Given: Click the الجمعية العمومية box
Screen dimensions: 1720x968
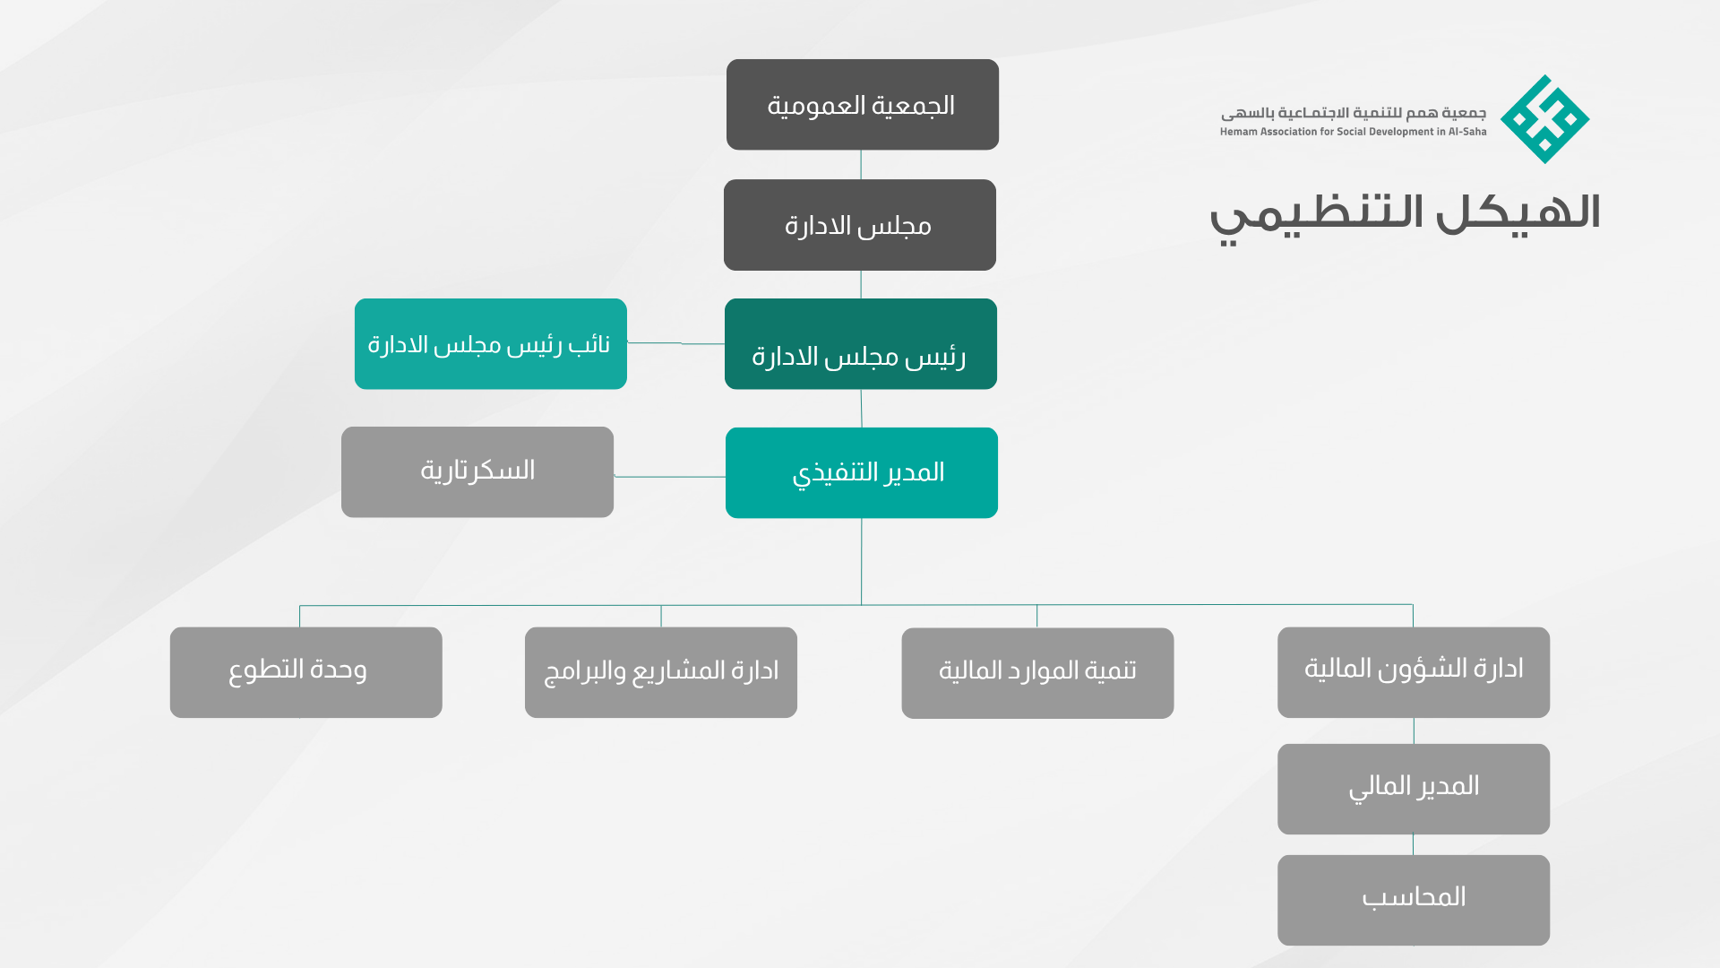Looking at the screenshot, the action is click(862, 105).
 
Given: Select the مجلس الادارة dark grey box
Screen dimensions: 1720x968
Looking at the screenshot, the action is click(860, 225).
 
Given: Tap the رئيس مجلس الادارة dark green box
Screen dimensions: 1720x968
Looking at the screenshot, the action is click(861, 344).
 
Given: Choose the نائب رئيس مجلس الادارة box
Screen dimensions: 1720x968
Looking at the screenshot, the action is click(491, 344).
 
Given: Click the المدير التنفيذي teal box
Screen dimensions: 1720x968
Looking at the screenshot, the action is click(862, 472).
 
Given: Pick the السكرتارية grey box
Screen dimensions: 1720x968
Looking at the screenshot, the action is click(477, 472).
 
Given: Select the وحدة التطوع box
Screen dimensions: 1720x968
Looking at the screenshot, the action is click(306, 672).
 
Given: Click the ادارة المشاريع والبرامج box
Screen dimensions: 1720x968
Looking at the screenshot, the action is click(661, 672).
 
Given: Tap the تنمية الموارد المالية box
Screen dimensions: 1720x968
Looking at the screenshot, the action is click(1037, 673).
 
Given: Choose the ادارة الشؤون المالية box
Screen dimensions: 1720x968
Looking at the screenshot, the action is click(1414, 672).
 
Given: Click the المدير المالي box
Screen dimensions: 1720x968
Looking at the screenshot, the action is click(1414, 789).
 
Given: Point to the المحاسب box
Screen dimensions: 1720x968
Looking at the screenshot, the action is click(1414, 900).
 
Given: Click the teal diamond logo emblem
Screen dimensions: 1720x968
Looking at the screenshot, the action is click(1545, 119).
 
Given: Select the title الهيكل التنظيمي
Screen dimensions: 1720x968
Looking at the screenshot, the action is click(1405, 216).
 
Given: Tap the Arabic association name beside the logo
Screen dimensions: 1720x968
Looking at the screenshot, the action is click(1354, 113).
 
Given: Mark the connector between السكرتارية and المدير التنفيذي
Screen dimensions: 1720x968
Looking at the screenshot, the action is click(670, 477).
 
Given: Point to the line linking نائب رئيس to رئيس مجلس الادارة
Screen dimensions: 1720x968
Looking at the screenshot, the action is click(676, 343).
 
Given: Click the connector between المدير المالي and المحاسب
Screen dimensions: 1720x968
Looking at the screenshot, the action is click(1414, 844).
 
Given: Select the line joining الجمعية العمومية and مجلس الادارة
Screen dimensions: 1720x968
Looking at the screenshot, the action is click(861, 165).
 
